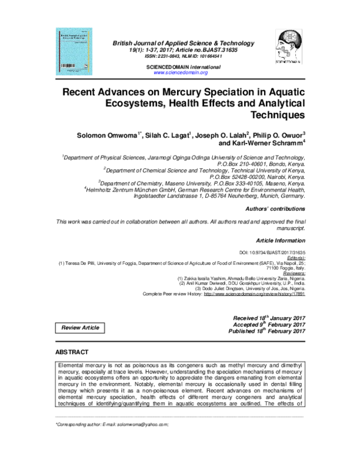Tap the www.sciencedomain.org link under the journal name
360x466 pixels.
point(181,72)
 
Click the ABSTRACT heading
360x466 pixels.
point(72,351)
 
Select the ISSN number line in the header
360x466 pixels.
point(181,56)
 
